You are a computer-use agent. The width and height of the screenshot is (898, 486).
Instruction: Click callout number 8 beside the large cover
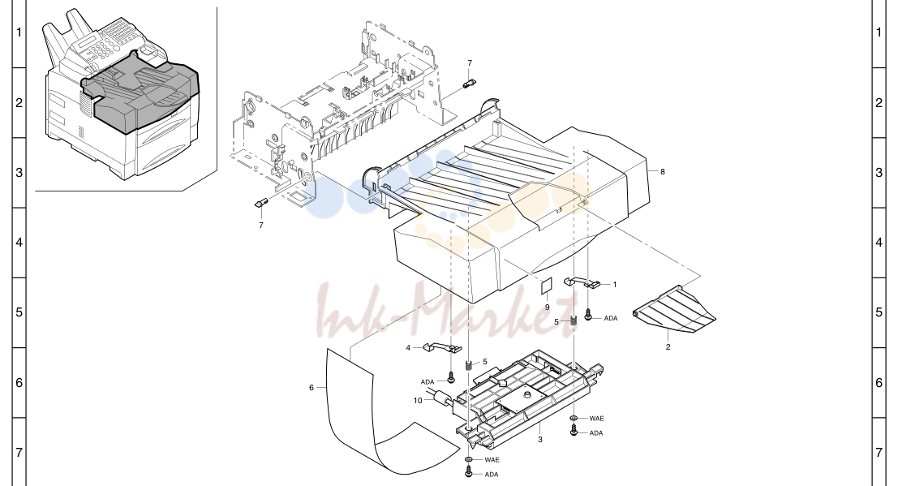click(x=663, y=171)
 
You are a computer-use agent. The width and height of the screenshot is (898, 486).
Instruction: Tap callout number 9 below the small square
click(x=547, y=308)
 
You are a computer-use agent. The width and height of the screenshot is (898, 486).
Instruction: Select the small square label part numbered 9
click(x=547, y=286)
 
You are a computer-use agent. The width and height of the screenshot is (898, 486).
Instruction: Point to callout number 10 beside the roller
click(x=418, y=401)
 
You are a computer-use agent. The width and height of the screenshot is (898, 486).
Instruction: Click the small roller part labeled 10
click(x=441, y=398)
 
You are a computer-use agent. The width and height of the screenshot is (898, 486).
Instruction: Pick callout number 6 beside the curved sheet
click(x=312, y=388)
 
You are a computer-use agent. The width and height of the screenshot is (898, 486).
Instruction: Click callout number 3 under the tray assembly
click(x=540, y=440)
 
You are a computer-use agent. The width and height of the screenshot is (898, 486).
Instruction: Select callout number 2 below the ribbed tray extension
click(x=668, y=346)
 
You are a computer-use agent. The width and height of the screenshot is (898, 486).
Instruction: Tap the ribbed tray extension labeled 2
click(x=674, y=310)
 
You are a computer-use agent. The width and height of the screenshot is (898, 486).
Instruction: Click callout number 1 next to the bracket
click(x=615, y=284)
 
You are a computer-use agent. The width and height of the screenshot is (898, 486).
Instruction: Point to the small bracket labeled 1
click(x=582, y=282)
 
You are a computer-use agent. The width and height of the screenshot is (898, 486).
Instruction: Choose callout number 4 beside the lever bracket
click(x=408, y=348)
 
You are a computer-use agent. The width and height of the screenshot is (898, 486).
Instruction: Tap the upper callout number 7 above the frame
click(x=470, y=63)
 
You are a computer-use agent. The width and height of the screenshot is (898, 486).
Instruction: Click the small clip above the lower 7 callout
click(x=261, y=203)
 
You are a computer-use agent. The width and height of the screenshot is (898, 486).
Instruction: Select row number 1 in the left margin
click(x=19, y=32)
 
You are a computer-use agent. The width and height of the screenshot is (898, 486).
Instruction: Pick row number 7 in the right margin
click(x=879, y=452)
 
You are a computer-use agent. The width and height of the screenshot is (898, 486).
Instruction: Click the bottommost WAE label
click(x=492, y=460)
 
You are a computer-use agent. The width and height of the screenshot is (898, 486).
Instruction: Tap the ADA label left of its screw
click(x=428, y=382)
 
